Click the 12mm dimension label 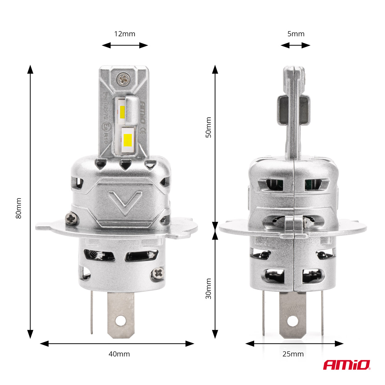[125, 34]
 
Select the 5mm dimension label [296, 34]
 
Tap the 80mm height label [19, 209]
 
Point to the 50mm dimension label [209, 127]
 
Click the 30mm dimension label [209, 289]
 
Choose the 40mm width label [119, 354]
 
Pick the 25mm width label [293, 354]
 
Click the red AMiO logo [346, 365]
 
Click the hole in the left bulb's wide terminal [121, 320]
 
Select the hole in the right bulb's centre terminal [293, 321]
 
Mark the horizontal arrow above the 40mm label [117, 343]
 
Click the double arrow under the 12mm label [125, 46]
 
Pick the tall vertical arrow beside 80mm [30, 202]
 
